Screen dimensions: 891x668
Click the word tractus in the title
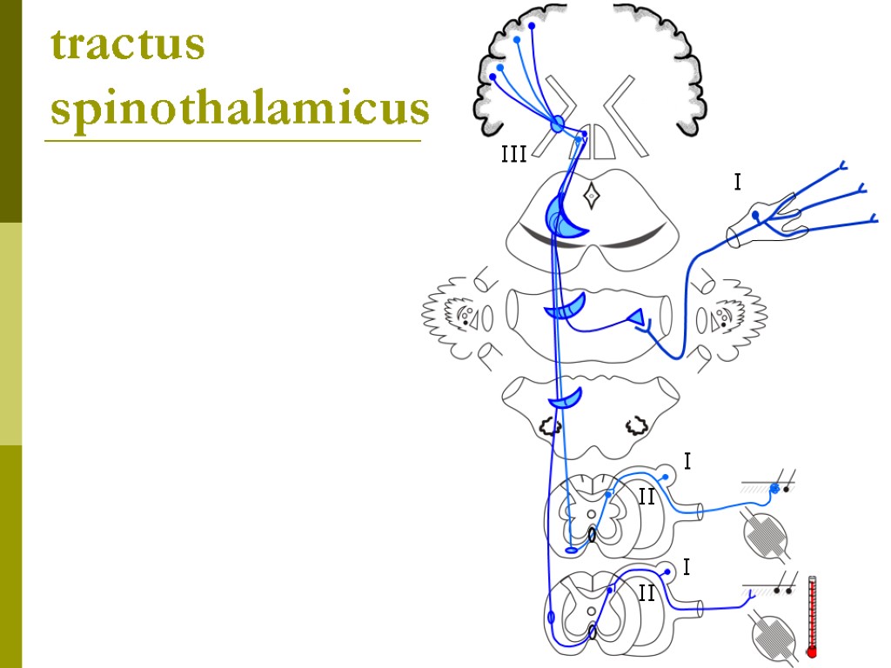pos(128,45)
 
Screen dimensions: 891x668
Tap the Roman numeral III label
pos(513,156)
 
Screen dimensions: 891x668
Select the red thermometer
pos(812,616)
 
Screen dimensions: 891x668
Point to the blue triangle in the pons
pos(636,321)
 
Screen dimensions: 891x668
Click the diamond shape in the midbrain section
pos(591,196)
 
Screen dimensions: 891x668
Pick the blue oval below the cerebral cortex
pos(558,124)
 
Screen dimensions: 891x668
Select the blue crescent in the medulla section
pos(564,399)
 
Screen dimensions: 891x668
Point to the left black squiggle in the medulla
pos(549,425)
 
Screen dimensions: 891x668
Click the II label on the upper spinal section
pos(646,498)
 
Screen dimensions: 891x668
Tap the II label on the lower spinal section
pos(646,594)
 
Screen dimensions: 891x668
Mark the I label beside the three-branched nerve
pos(738,183)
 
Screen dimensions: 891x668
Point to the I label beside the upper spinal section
pos(687,462)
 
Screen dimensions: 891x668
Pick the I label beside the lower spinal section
pos(687,568)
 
